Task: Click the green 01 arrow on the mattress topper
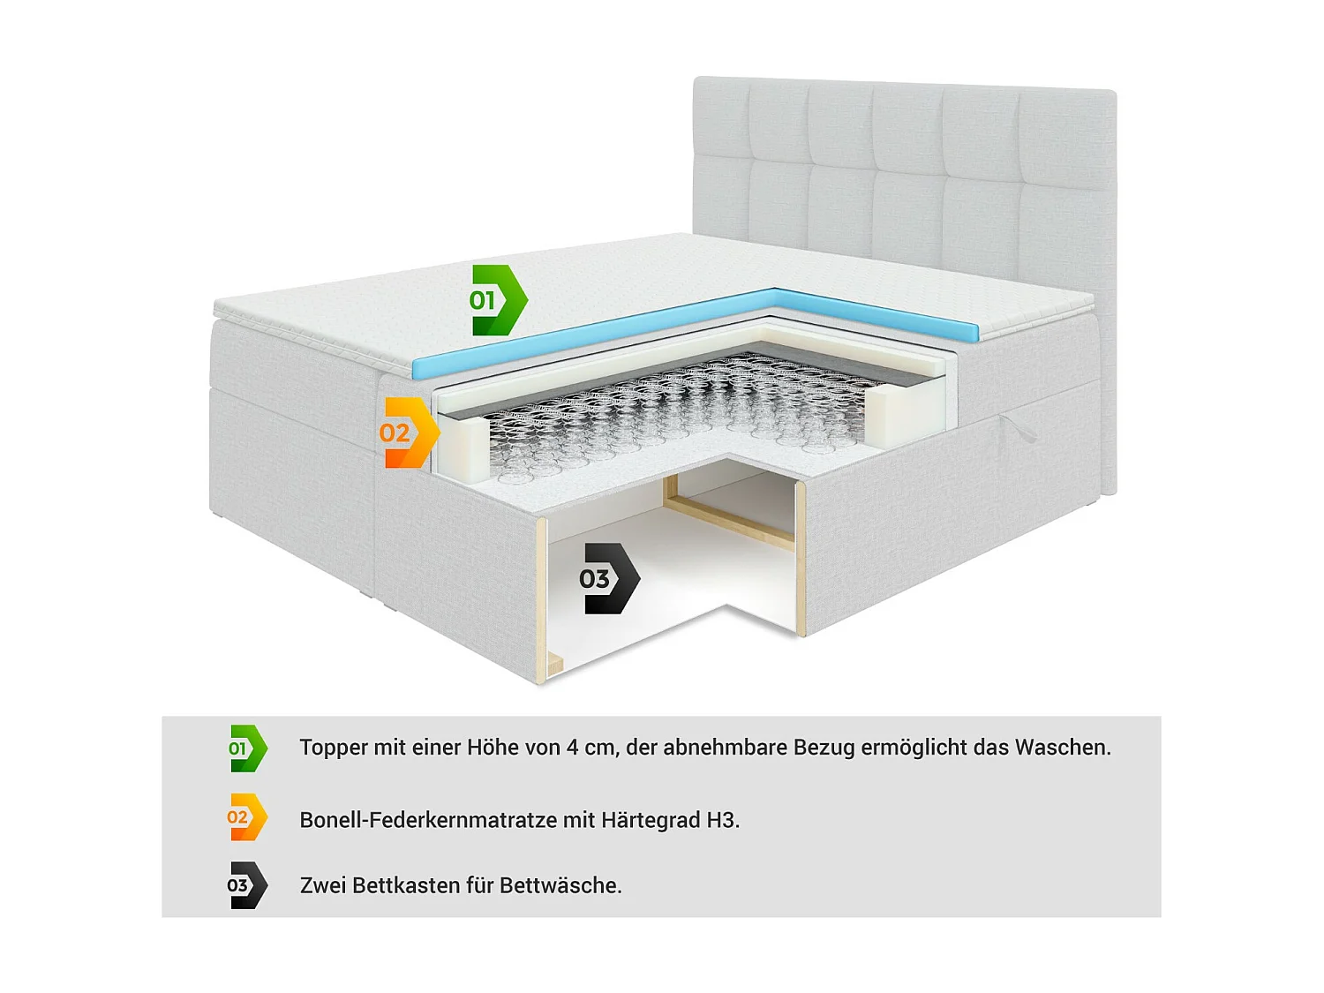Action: pos(497,300)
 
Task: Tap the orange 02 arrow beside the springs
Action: pos(409,433)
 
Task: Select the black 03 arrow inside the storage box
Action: pos(608,579)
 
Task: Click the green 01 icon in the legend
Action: pos(247,749)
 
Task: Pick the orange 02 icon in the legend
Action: pos(246,817)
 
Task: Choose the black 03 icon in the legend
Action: pos(246,885)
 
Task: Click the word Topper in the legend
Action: pos(334,748)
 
